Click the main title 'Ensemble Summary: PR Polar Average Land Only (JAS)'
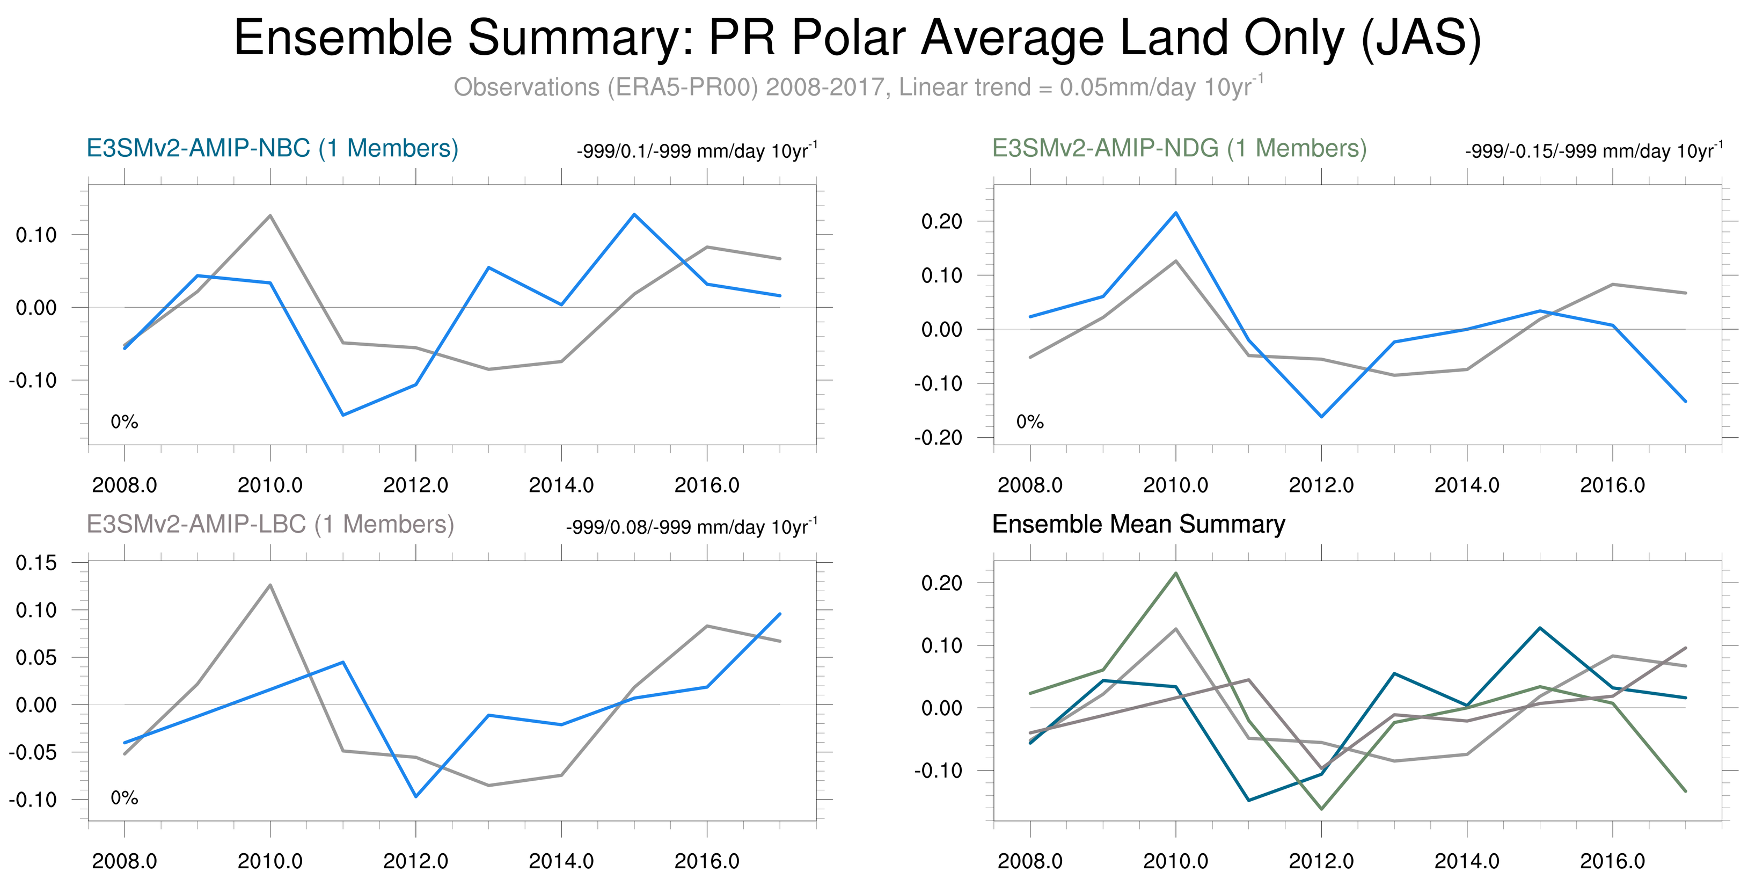point(858,38)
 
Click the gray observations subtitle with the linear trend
point(858,88)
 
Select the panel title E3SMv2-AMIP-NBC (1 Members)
point(272,149)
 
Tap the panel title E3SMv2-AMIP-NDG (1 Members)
point(1179,149)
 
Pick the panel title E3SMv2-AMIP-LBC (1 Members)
point(270,524)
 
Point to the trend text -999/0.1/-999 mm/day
point(696,151)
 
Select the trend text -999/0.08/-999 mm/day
point(691,527)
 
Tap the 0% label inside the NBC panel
point(124,422)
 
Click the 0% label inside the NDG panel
point(1029,422)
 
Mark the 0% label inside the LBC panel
point(124,798)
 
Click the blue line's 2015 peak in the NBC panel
point(634,215)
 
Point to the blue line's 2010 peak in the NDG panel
point(1176,213)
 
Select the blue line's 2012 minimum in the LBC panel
point(416,796)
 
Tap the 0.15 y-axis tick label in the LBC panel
point(36,563)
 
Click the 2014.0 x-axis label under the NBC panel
point(561,485)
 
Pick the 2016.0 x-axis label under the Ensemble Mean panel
point(1612,861)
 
